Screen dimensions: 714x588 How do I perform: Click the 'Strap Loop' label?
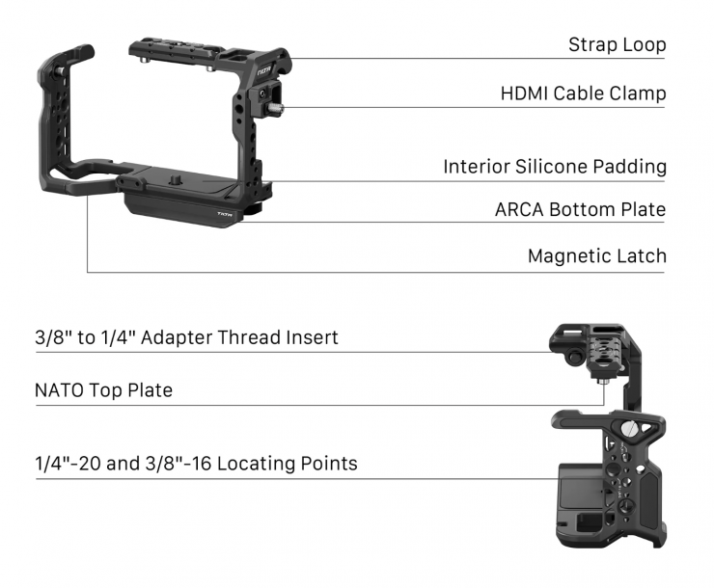pos(617,45)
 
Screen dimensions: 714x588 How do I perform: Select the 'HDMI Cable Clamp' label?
pos(584,94)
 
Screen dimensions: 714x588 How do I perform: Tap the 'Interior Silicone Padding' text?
pos(555,167)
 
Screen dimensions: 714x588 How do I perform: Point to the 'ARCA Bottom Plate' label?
pos(581,209)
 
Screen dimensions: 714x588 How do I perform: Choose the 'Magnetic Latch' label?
pos(597,256)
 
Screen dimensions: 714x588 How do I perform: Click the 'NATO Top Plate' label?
pos(104,390)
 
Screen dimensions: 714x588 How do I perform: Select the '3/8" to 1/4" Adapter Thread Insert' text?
pos(186,338)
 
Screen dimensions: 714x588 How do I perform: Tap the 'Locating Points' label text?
pos(288,464)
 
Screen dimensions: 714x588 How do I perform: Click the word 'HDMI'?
pos(525,94)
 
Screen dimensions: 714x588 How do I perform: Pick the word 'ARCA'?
pos(519,210)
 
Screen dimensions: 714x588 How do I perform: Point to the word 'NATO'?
pos(59,390)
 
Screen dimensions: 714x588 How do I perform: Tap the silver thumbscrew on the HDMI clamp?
pos(275,108)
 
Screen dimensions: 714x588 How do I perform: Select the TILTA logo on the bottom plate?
pos(224,214)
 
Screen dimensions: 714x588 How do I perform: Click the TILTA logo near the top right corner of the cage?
pos(264,72)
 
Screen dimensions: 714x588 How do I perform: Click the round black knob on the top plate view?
pos(574,357)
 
